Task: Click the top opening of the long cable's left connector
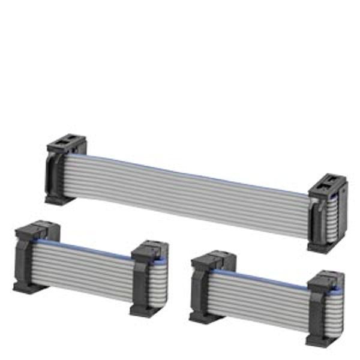tap(66, 145)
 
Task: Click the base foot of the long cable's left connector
tap(60, 199)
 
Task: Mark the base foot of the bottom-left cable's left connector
tap(30, 287)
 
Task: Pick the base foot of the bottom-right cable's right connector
tap(320, 341)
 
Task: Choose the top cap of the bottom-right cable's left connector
tap(213, 259)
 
